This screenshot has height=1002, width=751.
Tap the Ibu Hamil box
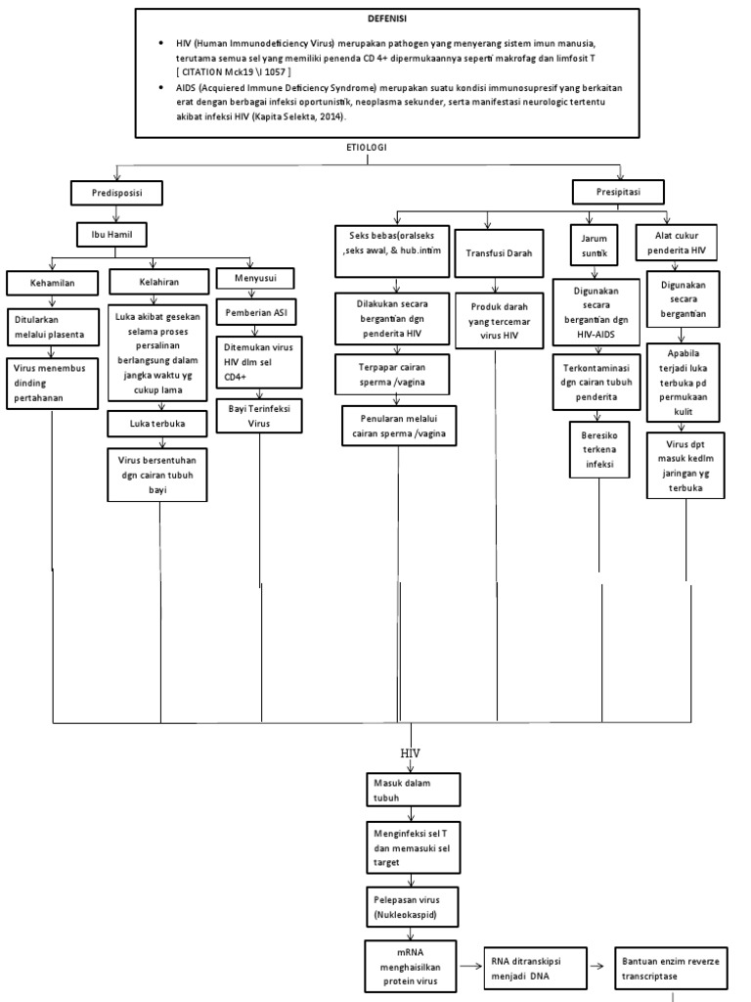pos(113,235)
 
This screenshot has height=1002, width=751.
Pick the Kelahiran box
pos(157,283)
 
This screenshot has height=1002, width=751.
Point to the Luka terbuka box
pos(157,424)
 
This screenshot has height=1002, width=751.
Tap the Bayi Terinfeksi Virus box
pos(259,414)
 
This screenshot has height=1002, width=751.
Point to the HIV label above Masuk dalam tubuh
pos(412,754)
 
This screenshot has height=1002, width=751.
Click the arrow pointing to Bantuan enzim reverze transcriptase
pos(600,966)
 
